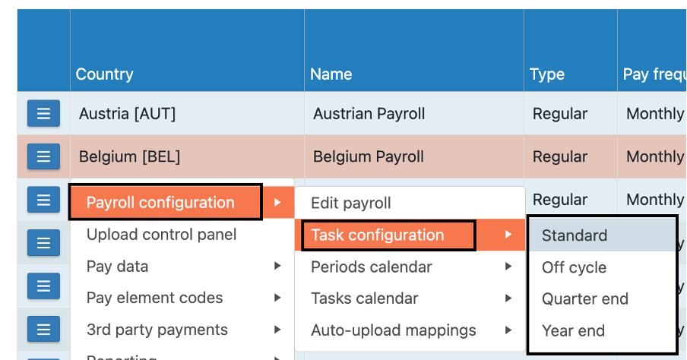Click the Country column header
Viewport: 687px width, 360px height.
tap(104, 74)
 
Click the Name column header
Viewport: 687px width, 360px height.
tap(331, 74)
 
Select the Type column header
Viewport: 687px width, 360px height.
tap(547, 74)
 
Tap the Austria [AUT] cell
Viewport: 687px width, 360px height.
tap(127, 114)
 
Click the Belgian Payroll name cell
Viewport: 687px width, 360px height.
tap(369, 157)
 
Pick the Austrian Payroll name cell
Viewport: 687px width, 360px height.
tap(369, 114)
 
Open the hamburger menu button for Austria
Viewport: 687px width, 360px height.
tap(43, 114)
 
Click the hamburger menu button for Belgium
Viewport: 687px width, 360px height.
tap(43, 156)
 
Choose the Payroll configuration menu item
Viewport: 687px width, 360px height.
tap(160, 203)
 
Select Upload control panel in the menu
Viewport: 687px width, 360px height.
tap(161, 235)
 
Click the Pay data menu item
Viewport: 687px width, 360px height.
tap(117, 267)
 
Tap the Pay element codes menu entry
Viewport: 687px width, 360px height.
tap(154, 298)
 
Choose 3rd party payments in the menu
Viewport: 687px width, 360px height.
tap(157, 330)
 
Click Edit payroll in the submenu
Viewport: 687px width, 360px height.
tap(351, 204)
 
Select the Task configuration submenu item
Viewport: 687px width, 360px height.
tap(378, 235)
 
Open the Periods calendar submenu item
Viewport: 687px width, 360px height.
tap(372, 267)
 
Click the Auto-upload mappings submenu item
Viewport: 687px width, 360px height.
tap(394, 331)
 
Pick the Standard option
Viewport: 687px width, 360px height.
tap(575, 235)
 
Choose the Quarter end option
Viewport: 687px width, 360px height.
tap(585, 299)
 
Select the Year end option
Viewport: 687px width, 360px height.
tap(573, 331)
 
